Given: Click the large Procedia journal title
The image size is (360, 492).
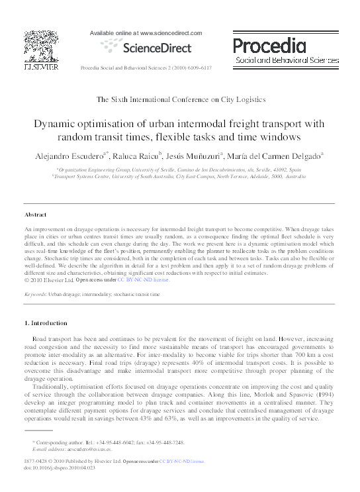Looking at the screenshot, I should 269,45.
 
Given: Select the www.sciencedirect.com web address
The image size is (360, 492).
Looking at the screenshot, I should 167,32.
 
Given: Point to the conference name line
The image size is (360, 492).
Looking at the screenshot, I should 181,99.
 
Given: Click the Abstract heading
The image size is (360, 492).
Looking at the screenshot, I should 35,215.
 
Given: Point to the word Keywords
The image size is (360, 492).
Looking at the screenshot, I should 35,293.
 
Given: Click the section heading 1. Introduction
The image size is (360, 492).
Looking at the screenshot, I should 46,323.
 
